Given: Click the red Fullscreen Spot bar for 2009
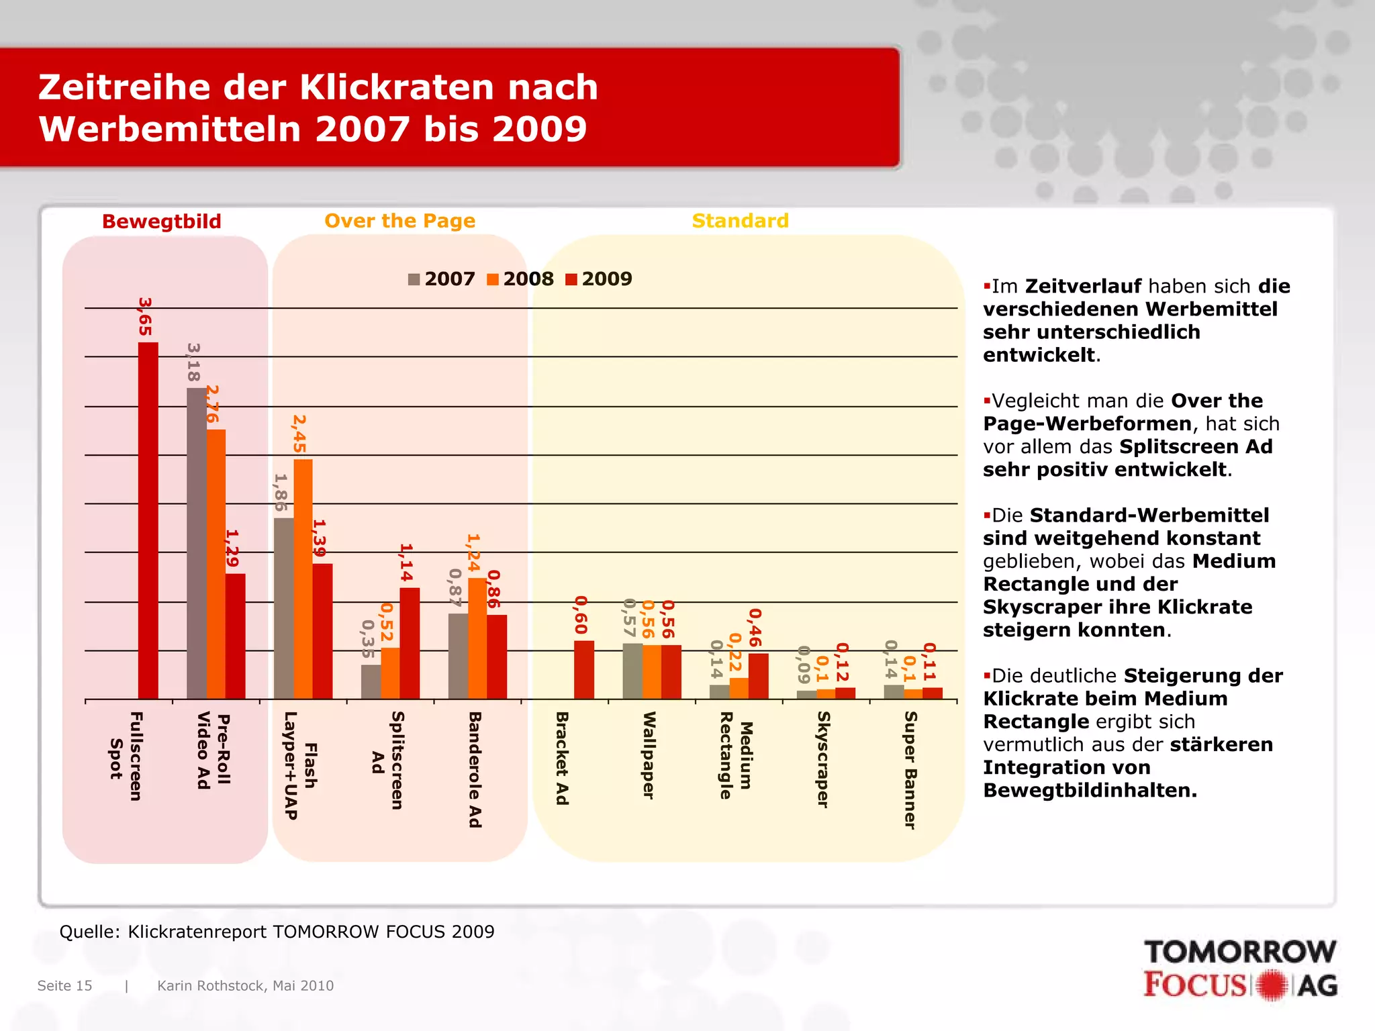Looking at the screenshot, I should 148,520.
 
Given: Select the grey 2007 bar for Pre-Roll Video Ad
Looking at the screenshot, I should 196,544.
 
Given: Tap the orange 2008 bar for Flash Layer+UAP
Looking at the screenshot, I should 303,579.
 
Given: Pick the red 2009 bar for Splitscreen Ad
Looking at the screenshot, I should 410,643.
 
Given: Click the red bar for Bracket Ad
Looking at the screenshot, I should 583,670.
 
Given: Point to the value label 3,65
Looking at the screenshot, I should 145,317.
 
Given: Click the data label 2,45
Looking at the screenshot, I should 299,434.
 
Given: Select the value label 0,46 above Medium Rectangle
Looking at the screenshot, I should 755,628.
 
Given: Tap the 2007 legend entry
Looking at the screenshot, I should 442,279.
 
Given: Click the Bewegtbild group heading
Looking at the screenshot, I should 161,222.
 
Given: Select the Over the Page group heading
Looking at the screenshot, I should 399,221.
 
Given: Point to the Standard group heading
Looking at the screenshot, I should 740,221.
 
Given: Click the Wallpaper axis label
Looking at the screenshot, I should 649,755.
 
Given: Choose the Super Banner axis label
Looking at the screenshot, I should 910,771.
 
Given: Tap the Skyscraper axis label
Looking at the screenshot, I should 823,760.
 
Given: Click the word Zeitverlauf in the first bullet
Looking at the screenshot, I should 1082,287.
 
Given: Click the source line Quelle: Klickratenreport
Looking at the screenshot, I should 277,932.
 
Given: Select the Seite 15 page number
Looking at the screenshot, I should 64,985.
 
